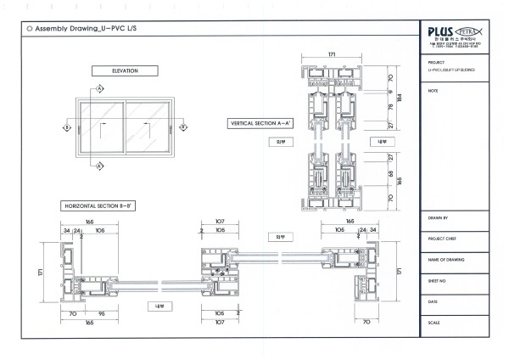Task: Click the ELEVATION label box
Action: coord(125,70)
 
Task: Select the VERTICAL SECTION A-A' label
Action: coord(257,123)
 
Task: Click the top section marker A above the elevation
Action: coord(100,89)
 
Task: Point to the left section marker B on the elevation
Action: coord(66,127)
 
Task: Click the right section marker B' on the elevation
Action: coord(182,127)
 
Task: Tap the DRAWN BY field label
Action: coord(441,219)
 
